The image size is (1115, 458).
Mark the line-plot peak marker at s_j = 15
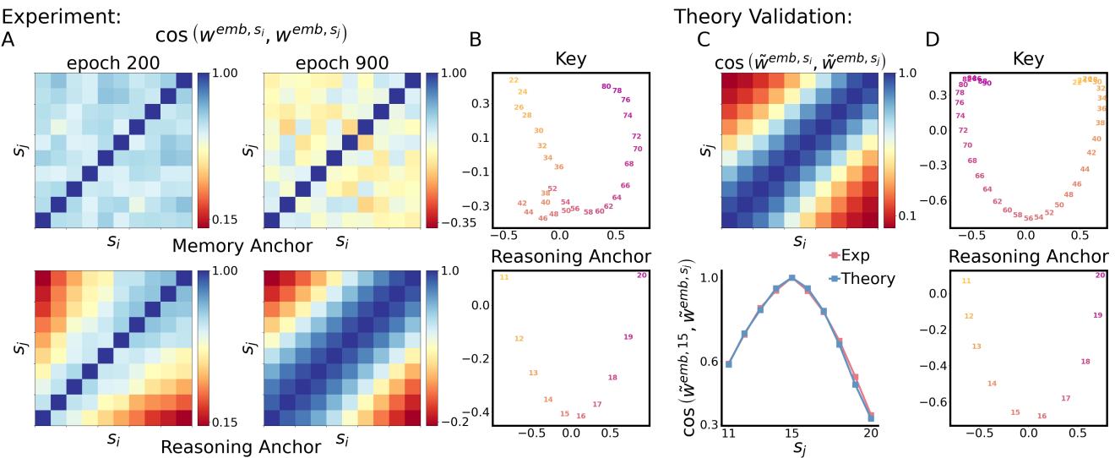click(792, 278)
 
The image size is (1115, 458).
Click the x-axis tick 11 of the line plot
click(728, 433)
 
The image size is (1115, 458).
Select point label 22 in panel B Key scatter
click(513, 80)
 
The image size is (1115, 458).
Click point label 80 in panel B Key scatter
click(606, 86)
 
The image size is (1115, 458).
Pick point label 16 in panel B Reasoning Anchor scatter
click(581, 416)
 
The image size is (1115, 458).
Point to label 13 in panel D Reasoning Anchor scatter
click(977, 346)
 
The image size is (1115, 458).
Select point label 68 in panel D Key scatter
click(972, 161)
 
